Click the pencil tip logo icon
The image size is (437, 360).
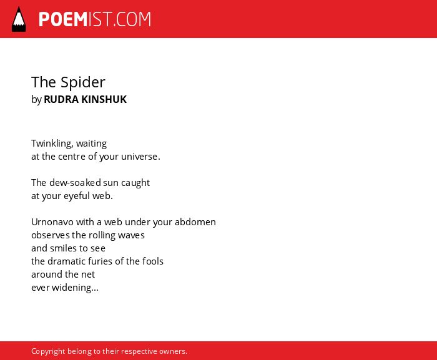pos(19,19)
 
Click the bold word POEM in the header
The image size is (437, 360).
pos(63,19)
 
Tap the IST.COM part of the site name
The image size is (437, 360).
pos(120,19)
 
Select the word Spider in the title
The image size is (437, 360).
pos(83,82)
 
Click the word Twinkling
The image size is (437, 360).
pos(52,144)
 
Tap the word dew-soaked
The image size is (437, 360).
pos(75,183)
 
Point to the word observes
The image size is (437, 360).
pos(51,235)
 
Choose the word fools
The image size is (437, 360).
pos(153,261)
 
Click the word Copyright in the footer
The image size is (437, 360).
pos(48,351)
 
